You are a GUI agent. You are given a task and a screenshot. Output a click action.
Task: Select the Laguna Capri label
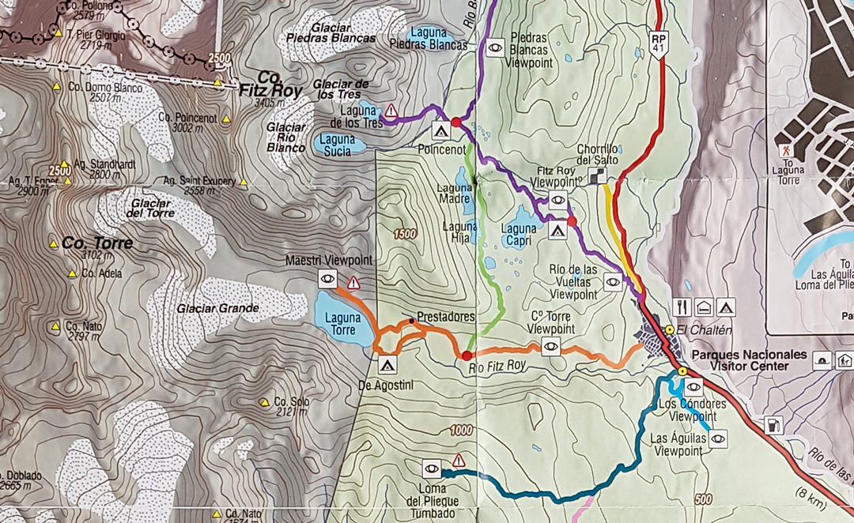(519, 235)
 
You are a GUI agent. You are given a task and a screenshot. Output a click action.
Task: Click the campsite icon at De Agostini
(387, 365)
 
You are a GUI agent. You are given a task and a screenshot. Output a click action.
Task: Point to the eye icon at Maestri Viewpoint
(327, 278)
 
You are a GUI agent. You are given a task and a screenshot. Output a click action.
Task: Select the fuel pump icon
(774, 425)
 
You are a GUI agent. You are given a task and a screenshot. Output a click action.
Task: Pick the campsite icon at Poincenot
(440, 130)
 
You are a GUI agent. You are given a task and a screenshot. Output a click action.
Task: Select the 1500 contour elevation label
(403, 234)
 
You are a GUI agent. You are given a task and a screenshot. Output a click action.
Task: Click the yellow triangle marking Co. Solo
(264, 402)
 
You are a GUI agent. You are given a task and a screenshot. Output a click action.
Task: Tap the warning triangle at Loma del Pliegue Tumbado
(458, 461)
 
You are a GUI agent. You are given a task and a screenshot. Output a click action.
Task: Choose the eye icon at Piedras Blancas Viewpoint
(495, 47)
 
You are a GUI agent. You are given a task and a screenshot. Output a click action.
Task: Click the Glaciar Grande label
(218, 308)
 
